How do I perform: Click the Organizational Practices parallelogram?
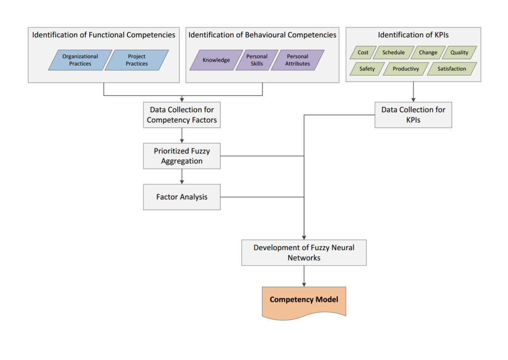pyautogui.click(x=80, y=60)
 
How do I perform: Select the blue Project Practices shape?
pyautogui.click(x=137, y=60)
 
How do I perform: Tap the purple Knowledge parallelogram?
pyautogui.click(x=216, y=60)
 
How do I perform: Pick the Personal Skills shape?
pyautogui.click(x=257, y=60)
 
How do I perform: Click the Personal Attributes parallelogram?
pyautogui.click(x=298, y=60)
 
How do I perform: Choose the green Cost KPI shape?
pyautogui.click(x=363, y=52)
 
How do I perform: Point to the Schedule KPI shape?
pyautogui.click(x=393, y=52)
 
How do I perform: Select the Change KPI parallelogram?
pyautogui.click(x=428, y=52)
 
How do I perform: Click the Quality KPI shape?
pyautogui.click(x=459, y=52)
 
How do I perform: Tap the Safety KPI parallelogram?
pyautogui.click(x=367, y=69)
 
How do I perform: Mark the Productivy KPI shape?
pyautogui.click(x=406, y=69)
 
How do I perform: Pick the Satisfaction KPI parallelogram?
pyautogui.click(x=452, y=69)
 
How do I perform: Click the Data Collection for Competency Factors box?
pyautogui.click(x=182, y=115)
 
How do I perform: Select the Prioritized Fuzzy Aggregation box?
pyautogui.click(x=182, y=156)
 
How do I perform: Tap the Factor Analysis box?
pyautogui.click(x=182, y=197)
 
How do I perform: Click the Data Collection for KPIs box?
pyautogui.click(x=413, y=115)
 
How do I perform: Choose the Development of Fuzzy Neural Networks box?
pyautogui.click(x=304, y=253)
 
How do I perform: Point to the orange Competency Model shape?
pyautogui.click(x=304, y=300)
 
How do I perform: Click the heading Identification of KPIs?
pyautogui.click(x=413, y=35)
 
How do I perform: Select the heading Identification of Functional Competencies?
pyautogui.click(x=104, y=35)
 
